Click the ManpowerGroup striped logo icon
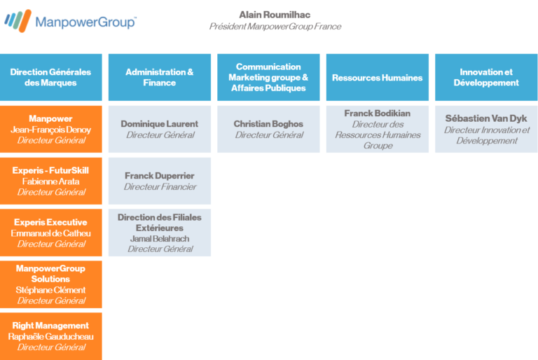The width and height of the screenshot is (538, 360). tap(18, 20)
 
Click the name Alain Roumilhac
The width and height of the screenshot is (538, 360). tap(275, 15)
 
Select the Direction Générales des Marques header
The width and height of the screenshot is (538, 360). tap(50, 77)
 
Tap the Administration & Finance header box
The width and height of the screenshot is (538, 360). tap(160, 77)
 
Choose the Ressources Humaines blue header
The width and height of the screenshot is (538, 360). tap(378, 77)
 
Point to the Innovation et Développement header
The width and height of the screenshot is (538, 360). tap(486, 77)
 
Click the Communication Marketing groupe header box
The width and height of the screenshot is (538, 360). tap(268, 77)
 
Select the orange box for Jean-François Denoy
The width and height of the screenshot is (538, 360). tap(50, 129)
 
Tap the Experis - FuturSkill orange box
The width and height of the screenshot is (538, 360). tap(50, 181)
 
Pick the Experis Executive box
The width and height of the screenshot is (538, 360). tap(50, 233)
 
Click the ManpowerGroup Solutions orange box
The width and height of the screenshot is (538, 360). tap(50, 284)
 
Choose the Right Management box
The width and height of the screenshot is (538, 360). tap(50, 336)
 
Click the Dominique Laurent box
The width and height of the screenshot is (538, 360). tap(160, 129)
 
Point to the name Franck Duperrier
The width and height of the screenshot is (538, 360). tap(160, 176)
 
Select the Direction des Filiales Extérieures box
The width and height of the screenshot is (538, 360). tap(160, 233)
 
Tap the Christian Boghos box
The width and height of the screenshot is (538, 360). tap(268, 129)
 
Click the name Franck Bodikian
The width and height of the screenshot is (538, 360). tap(378, 113)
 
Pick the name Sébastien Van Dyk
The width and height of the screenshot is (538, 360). tap(486, 118)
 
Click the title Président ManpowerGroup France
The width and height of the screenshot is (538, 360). tap(275, 27)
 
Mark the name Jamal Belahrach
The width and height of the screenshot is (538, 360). tap(160, 239)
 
